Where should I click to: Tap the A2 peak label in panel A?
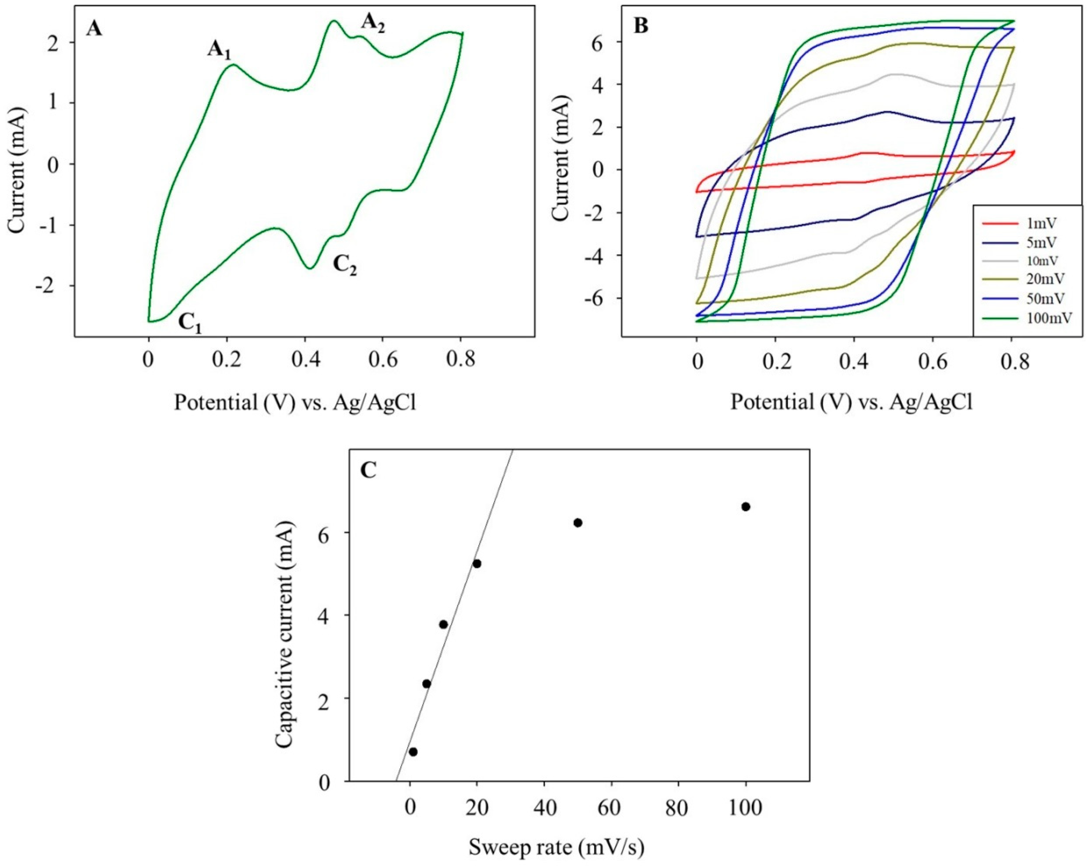click(x=373, y=24)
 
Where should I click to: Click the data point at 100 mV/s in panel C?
click(x=745, y=506)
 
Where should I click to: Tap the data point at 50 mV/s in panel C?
click(x=578, y=523)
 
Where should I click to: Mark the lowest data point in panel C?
click(x=413, y=766)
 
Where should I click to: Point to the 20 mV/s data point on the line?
click(x=477, y=563)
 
